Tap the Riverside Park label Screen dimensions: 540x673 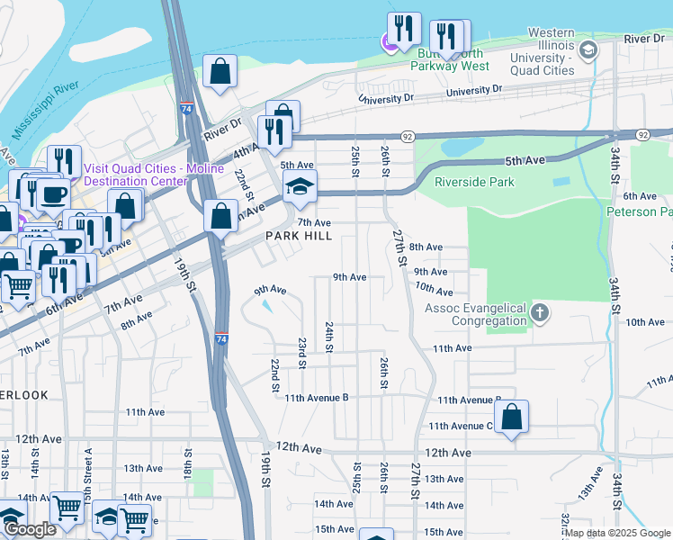[x=474, y=182]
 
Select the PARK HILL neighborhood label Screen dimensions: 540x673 [x=299, y=236]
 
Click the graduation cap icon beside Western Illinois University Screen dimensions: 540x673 [x=588, y=49]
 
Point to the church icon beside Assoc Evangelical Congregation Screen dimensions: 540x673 [x=539, y=312]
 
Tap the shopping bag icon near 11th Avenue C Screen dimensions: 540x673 [x=511, y=417]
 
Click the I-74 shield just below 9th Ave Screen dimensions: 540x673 [x=221, y=338]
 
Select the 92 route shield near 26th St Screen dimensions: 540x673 [x=408, y=136]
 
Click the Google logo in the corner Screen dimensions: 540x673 [x=30, y=529]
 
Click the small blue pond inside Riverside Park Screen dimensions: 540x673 [x=561, y=181]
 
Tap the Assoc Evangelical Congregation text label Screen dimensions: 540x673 [x=476, y=314]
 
